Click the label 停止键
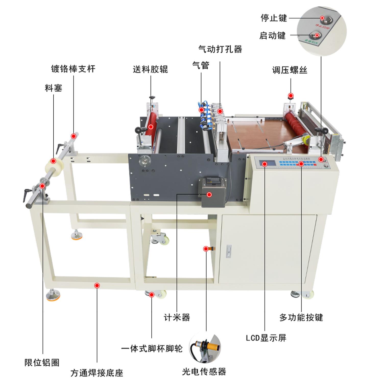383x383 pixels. click(x=274, y=18)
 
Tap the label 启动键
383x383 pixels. click(x=272, y=35)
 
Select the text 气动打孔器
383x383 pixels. click(x=220, y=49)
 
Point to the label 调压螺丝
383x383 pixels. click(x=290, y=70)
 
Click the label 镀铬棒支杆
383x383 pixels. click(x=73, y=69)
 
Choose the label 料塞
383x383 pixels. click(x=53, y=88)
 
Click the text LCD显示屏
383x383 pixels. click(x=266, y=338)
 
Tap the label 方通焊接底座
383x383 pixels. click(x=97, y=373)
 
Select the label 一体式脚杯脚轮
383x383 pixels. click(x=152, y=349)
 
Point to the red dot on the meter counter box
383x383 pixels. click(x=209, y=195)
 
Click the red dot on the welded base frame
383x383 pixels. click(x=97, y=285)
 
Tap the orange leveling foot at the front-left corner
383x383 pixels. click(x=53, y=297)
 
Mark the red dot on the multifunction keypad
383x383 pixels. click(x=301, y=164)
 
